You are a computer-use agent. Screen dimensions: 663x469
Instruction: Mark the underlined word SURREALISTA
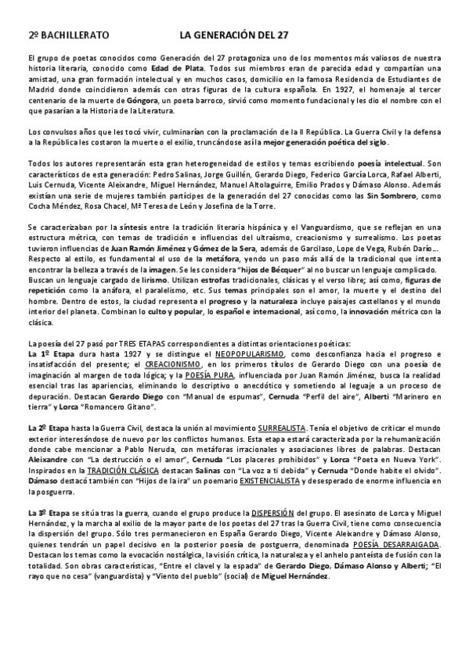coord(282,429)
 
